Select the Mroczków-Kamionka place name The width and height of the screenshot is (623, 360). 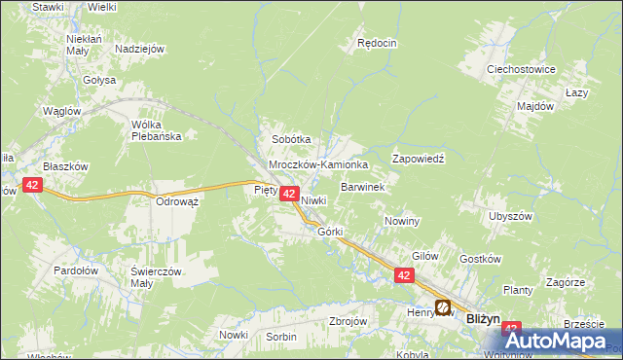tap(318, 165)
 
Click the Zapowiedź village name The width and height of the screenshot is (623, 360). tap(418, 158)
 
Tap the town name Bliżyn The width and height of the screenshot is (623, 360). tap(483, 318)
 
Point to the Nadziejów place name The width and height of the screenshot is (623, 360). tap(140, 49)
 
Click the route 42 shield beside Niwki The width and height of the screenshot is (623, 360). tap(289, 195)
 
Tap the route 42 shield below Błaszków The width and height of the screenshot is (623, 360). tap(33, 185)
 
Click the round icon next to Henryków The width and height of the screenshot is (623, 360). tap(443, 308)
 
